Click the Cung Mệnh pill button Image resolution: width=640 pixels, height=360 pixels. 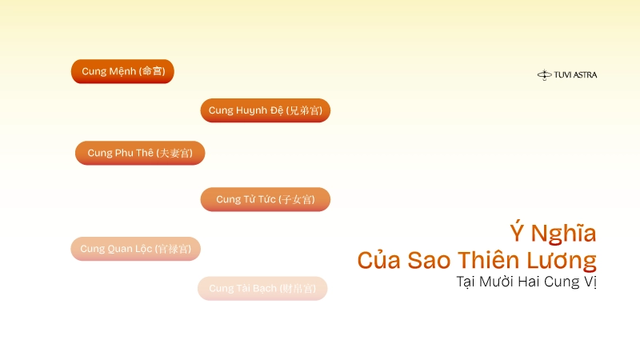[x=122, y=71]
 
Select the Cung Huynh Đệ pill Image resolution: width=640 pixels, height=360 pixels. [x=265, y=110]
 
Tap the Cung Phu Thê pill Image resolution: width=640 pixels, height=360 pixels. [x=140, y=153]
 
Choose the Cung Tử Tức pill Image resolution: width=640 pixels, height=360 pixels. [x=265, y=199]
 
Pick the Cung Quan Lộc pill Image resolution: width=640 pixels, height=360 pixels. [x=135, y=249]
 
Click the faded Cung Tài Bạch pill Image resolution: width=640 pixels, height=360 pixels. [x=262, y=288]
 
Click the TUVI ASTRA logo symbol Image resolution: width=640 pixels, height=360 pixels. [x=545, y=75]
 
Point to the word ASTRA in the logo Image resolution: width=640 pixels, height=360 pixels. [x=585, y=75]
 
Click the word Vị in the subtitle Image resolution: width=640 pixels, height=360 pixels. [x=590, y=282]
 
